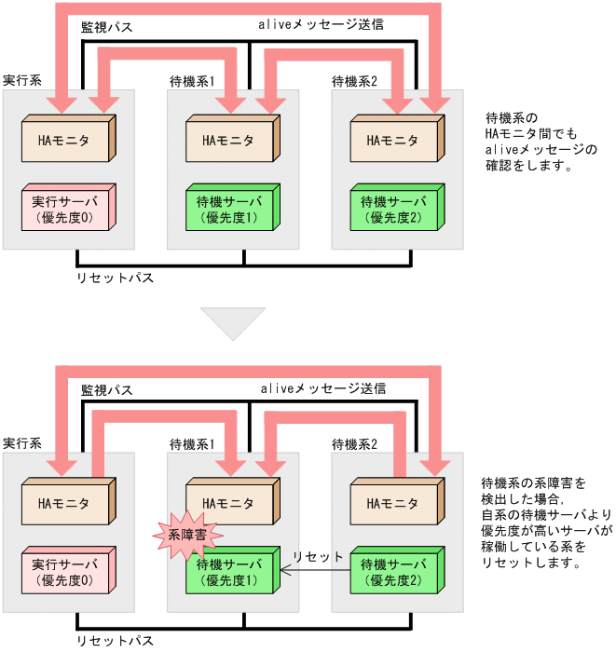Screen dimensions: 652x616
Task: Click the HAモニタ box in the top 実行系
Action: tap(64, 142)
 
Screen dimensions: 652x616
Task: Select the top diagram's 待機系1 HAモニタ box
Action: tap(228, 142)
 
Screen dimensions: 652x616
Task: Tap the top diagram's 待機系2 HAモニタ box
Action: tap(392, 142)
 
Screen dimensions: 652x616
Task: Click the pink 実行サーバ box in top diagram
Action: tap(64, 210)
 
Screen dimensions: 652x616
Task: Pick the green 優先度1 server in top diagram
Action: tap(228, 210)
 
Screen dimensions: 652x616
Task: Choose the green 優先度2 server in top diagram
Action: tap(392, 210)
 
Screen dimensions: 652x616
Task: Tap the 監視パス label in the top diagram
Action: tap(106, 27)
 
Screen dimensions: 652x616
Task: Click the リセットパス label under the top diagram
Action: tap(115, 277)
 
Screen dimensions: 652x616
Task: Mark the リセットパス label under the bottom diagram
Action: tap(115, 642)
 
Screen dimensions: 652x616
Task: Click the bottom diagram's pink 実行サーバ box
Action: tap(64, 572)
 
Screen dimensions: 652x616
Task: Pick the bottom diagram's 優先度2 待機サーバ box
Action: tap(392, 572)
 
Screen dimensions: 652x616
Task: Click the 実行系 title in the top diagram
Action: tap(21, 80)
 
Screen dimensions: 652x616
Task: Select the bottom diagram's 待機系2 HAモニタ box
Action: tap(392, 504)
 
